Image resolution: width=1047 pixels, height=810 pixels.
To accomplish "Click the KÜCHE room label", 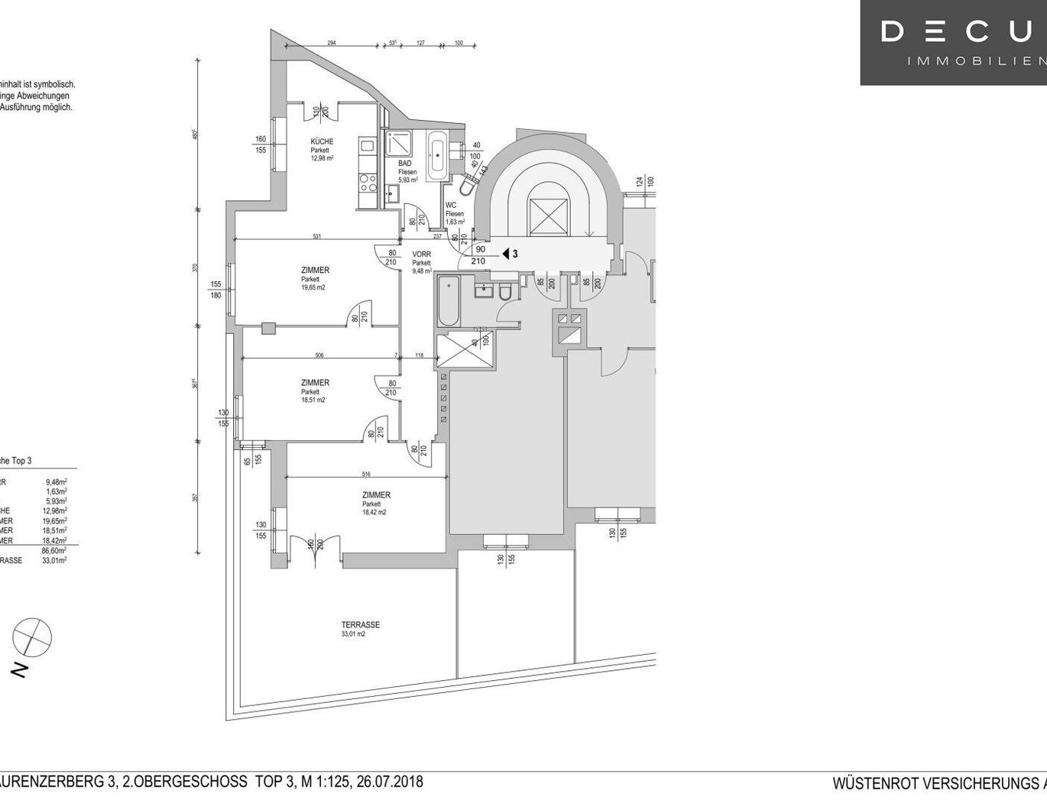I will [x=321, y=141].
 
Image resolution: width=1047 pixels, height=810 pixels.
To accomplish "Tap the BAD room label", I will [x=405, y=163].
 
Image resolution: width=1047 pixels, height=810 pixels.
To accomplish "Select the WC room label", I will [x=451, y=205].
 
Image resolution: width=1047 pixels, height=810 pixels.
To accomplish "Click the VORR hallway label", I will [x=421, y=254].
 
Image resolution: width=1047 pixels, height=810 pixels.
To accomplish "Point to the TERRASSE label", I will [x=361, y=625].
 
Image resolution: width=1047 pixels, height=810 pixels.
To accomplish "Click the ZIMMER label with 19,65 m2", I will [x=315, y=271].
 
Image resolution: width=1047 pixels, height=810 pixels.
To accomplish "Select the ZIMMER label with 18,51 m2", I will [x=315, y=383].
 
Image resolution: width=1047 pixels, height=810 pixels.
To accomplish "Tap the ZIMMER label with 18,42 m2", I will [x=376, y=495].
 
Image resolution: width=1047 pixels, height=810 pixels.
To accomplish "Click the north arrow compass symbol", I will [x=32, y=637].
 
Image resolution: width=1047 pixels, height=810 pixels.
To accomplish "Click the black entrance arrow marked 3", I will [x=506, y=254].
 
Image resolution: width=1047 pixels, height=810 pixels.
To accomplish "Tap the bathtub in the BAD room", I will [x=438, y=155].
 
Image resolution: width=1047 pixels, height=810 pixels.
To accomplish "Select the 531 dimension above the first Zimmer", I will [x=316, y=236].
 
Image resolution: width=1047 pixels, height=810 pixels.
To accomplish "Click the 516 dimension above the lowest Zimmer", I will [x=366, y=475].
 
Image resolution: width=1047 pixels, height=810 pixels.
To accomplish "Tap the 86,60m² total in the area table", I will [x=56, y=550].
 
